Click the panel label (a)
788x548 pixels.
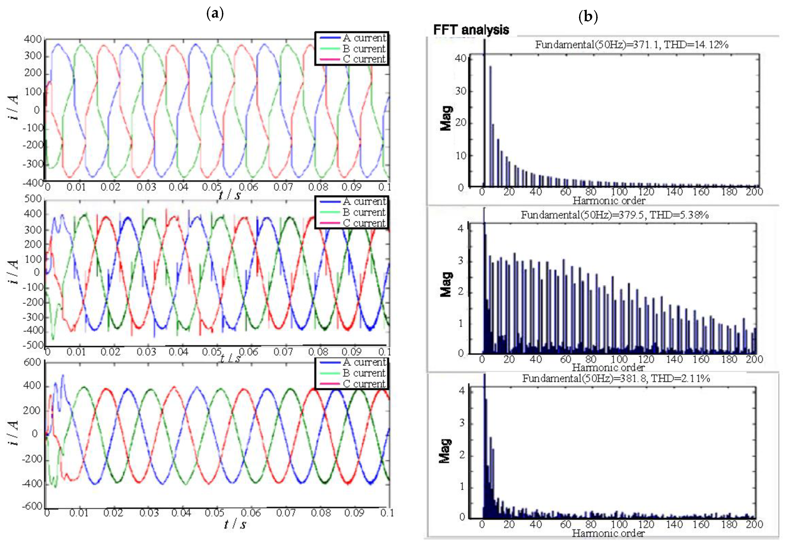tap(215, 14)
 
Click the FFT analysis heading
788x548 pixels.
tap(471, 30)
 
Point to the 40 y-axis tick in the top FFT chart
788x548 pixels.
tap(461, 58)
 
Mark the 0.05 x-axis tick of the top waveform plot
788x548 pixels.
tap(211, 187)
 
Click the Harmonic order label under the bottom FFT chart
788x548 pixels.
tap(608, 533)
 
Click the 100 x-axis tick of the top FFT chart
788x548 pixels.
tap(619, 192)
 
